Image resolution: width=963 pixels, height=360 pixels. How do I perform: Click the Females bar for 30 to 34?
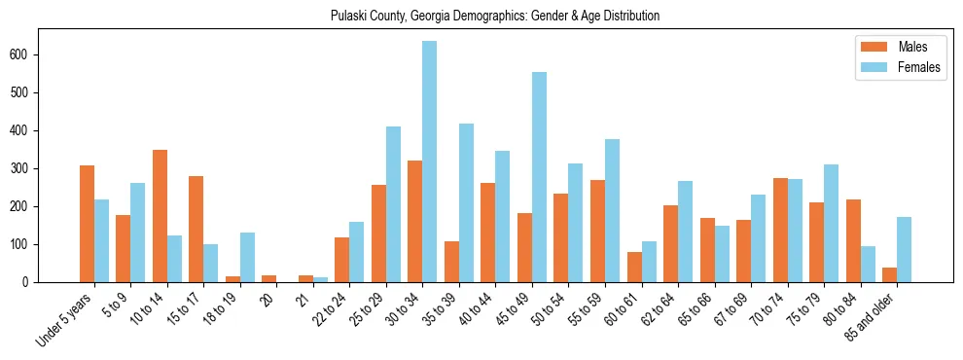tap(429, 162)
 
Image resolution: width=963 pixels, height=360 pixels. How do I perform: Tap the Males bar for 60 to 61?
tap(634, 268)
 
